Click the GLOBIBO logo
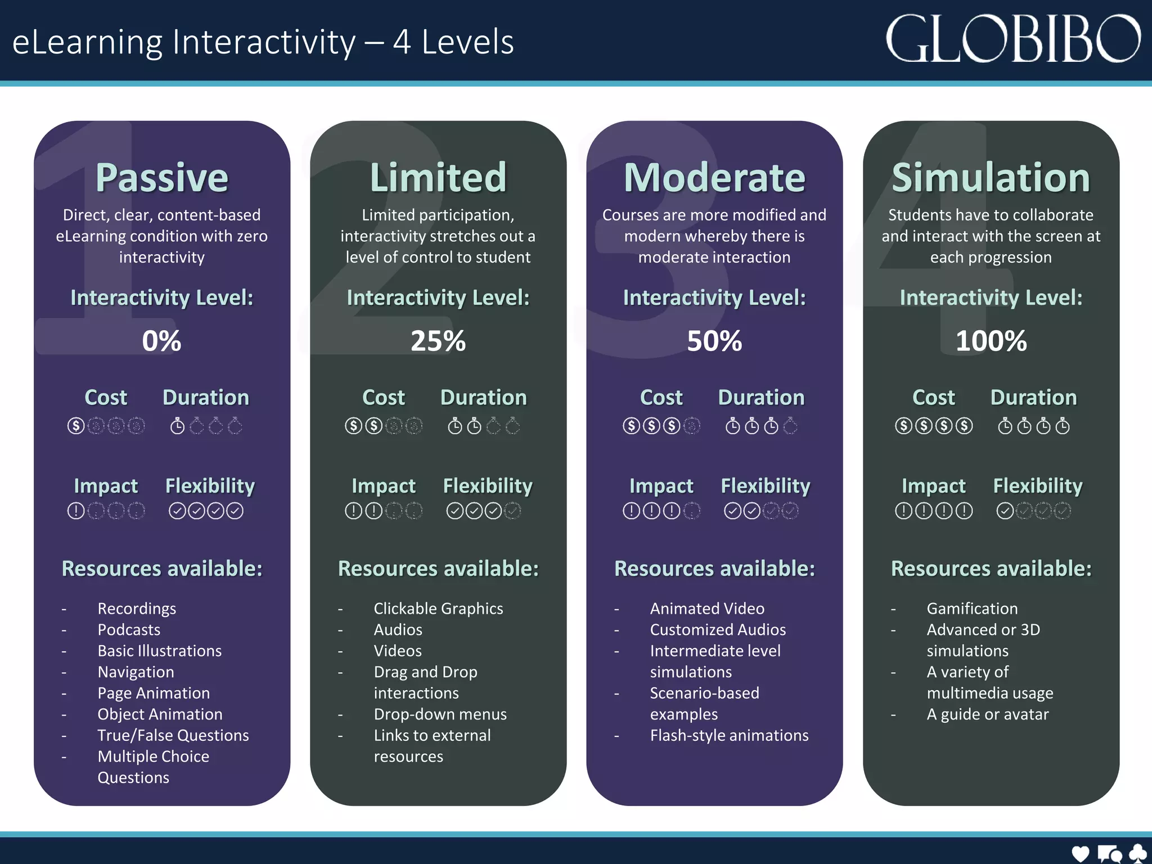click(1012, 39)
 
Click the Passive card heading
click(162, 178)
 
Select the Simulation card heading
click(991, 178)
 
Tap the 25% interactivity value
click(438, 341)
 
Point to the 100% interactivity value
click(991, 341)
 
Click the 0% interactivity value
click(161, 341)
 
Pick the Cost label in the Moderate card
click(661, 398)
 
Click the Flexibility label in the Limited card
click(488, 486)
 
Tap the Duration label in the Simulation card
click(1033, 398)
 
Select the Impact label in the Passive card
click(106, 486)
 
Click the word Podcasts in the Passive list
click(129, 629)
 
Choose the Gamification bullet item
click(972, 609)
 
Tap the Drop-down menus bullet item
click(440, 714)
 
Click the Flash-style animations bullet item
click(729, 735)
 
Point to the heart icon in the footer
click(1080, 853)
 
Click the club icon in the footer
click(1137, 853)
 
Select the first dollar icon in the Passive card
click(76, 426)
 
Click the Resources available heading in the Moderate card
click(714, 569)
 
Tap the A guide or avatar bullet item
click(987, 714)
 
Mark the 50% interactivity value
click(714, 341)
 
